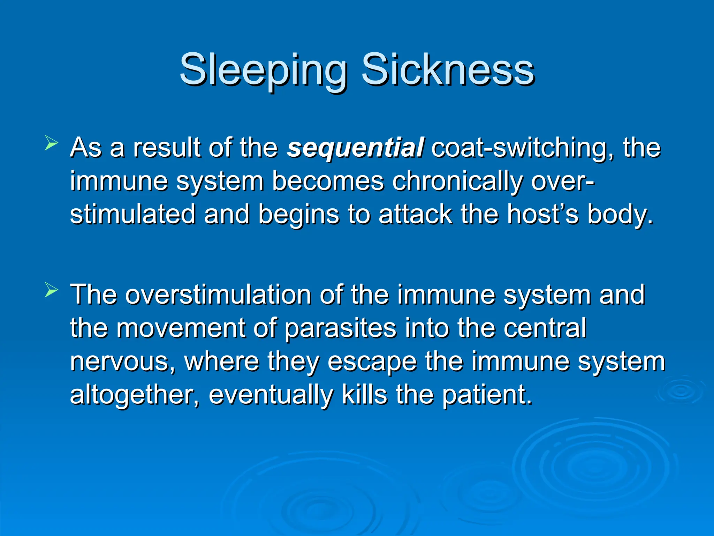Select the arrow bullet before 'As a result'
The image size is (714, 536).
click(51, 144)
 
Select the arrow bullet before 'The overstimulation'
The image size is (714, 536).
click(51, 290)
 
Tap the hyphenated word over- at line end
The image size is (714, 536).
click(562, 181)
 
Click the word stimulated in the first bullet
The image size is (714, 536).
click(132, 214)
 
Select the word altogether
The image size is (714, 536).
click(135, 395)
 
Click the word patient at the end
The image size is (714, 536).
click(487, 395)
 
